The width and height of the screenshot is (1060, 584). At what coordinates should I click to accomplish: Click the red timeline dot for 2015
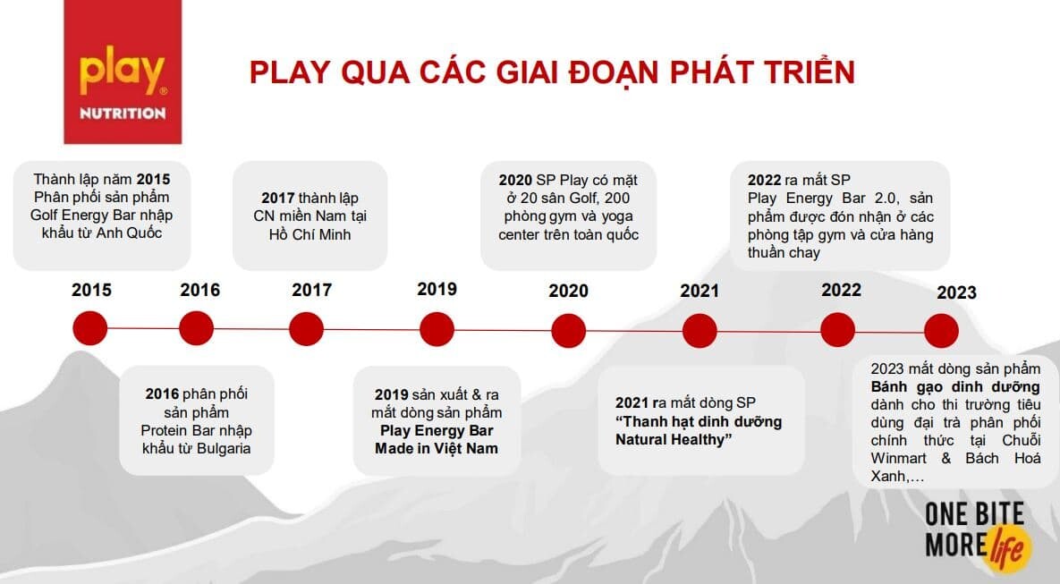point(90,328)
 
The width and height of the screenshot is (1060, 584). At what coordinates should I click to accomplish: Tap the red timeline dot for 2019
point(437,330)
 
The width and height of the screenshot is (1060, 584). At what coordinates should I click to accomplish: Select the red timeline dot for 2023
point(941,331)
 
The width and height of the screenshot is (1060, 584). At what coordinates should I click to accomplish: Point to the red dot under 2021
point(700,331)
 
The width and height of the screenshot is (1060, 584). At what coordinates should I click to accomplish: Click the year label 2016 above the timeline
point(200,290)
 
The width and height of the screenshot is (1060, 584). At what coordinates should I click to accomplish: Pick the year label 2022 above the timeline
point(841,290)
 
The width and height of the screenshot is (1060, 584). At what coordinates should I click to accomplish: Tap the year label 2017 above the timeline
point(311,290)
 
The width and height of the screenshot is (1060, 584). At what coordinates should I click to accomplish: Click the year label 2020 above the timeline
point(569,291)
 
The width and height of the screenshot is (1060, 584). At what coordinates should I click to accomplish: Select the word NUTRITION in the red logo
point(123,114)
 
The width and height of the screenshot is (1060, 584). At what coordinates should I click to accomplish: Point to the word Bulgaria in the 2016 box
point(223,448)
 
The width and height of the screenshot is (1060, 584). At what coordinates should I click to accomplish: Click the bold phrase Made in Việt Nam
point(437,448)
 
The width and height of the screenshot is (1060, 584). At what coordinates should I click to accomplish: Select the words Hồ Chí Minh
point(310,234)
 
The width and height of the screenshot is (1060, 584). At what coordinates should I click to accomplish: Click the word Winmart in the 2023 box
point(898,458)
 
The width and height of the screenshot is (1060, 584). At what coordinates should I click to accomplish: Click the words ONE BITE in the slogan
point(974,514)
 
